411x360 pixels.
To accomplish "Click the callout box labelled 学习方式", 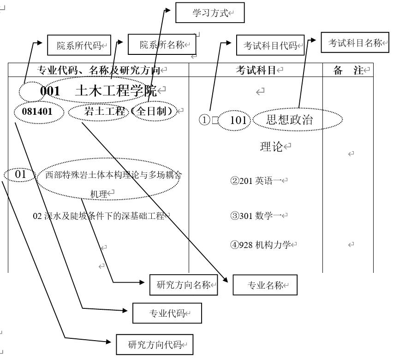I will click(x=210, y=13).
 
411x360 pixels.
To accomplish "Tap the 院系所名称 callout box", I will click(x=161, y=45).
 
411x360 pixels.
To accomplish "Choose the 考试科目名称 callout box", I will click(x=355, y=43).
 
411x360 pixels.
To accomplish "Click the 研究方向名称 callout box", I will click(x=183, y=285).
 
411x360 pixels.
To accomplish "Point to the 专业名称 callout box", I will click(x=265, y=285).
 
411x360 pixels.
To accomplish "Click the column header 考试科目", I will click(x=256, y=70).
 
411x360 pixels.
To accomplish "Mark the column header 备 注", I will click(x=348, y=70).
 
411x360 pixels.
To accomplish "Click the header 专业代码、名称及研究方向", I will click(x=98, y=70).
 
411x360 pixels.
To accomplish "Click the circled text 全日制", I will click(x=154, y=111).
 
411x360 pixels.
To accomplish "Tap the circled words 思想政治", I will click(x=289, y=120).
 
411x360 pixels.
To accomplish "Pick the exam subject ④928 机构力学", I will click(x=261, y=245).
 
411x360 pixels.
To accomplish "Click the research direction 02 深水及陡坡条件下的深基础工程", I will click(x=99, y=215).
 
